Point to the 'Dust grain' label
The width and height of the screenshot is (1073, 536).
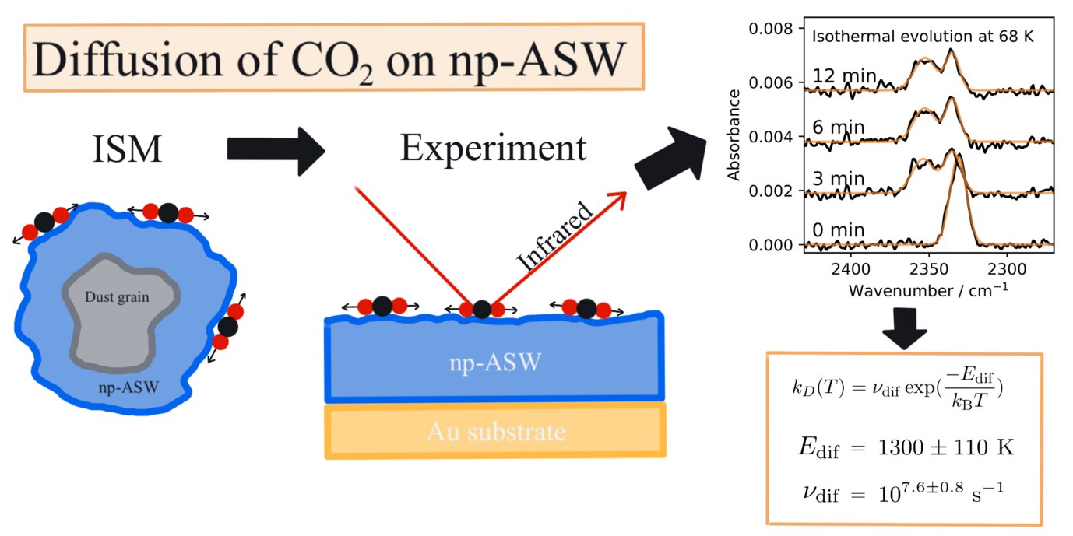click(117, 296)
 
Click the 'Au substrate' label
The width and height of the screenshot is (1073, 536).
click(495, 431)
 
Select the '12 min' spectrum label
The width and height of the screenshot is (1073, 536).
click(845, 76)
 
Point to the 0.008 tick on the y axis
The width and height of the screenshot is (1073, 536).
click(771, 29)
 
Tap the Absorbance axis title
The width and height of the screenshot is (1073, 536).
click(734, 135)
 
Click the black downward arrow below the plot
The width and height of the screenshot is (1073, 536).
click(902, 328)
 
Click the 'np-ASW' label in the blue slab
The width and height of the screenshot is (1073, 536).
click(495, 363)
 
